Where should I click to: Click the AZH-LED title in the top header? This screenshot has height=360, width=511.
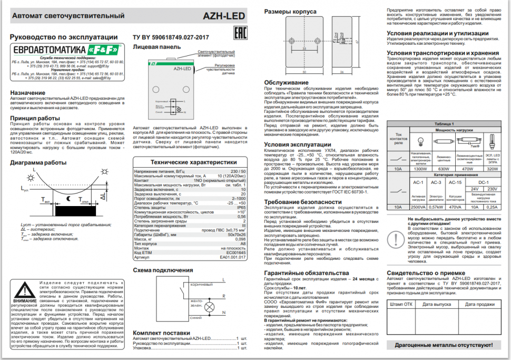[x=224, y=16]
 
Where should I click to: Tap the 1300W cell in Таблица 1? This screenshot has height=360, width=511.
[x=420, y=169]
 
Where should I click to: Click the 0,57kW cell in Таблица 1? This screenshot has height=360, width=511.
[x=436, y=207]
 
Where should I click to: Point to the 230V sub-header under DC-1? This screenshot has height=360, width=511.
[x=493, y=188]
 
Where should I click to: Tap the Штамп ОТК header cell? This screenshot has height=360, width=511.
[x=401, y=304]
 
